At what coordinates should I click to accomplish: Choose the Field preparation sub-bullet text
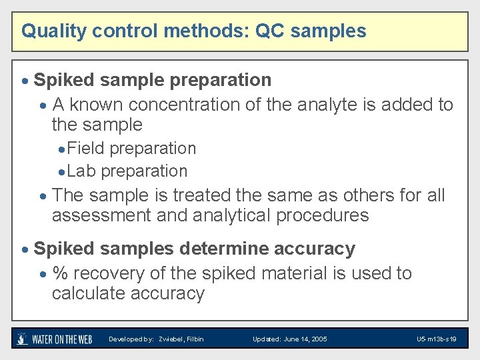(x=131, y=148)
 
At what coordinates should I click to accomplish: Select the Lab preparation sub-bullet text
(x=127, y=171)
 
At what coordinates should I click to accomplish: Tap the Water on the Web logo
(x=54, y=339)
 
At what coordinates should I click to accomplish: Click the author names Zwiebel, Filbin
(x=181, y=339)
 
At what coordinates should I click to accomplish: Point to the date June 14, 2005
(x=305, y=339)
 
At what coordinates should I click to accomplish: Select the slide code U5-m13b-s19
(x=436, y=339)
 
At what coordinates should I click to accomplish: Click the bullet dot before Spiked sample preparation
(x=25, y=81)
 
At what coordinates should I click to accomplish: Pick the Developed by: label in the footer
(x=131, y=339)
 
